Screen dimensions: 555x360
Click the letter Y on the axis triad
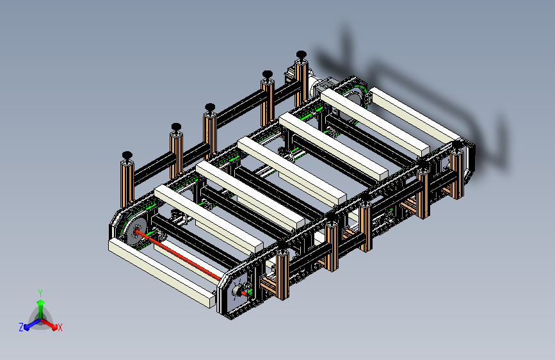coord(40,293)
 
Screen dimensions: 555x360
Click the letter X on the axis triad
coord(60,327)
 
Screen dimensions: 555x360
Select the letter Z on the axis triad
coord(21,327)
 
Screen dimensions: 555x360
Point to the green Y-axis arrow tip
coord(40,302)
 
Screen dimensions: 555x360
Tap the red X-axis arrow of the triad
coord(49,324)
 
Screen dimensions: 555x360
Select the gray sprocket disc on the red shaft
coord(136,232)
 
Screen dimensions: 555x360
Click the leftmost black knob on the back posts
coord(127,156)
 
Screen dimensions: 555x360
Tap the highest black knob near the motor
coord(302,55)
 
